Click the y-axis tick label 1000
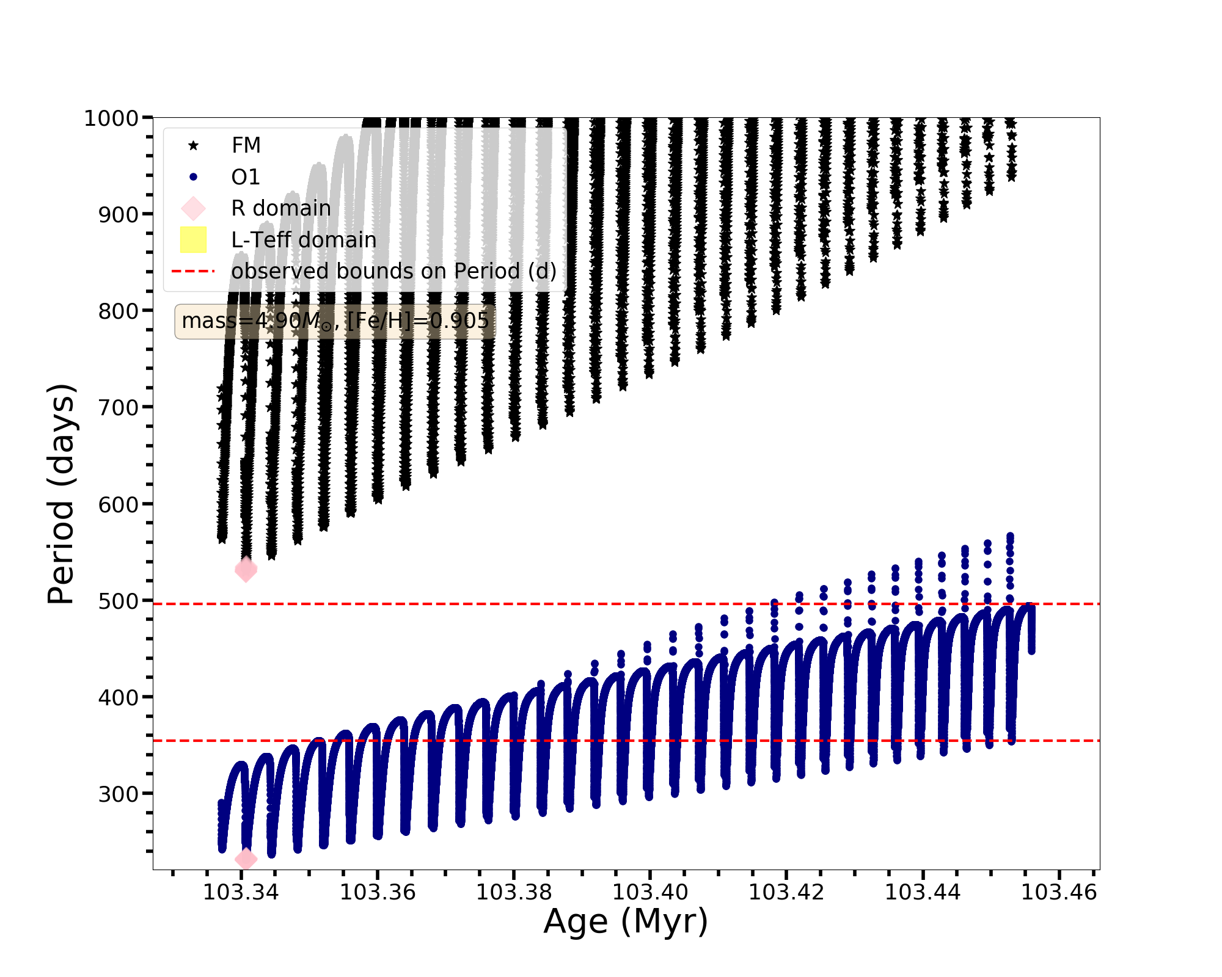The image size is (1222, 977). coord(111,118)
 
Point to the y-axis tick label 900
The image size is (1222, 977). coord(119,215)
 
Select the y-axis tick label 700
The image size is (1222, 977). coord(119,408)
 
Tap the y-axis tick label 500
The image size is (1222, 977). coord(119,601)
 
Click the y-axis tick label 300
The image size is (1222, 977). coord(119,794)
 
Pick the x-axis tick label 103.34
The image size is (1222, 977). coord(241,893)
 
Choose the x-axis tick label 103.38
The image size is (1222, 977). coord(514,893)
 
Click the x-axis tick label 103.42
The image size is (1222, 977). coord(786,893)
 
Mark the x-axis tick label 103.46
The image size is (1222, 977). coord(1059,893)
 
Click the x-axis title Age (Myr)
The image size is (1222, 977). coord(626,922)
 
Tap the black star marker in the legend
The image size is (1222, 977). coord(194,145)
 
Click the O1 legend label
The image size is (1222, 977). coord(246,177)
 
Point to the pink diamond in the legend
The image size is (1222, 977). coord(194,208)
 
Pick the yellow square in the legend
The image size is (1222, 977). coord(194,240)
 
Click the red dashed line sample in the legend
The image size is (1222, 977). coord(194,271)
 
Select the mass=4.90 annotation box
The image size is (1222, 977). coord(335,321)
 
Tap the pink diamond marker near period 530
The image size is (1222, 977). coord(246,570)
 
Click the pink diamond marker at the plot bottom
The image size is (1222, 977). coord(246,859)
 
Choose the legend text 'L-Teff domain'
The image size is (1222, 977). coord(304,240)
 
